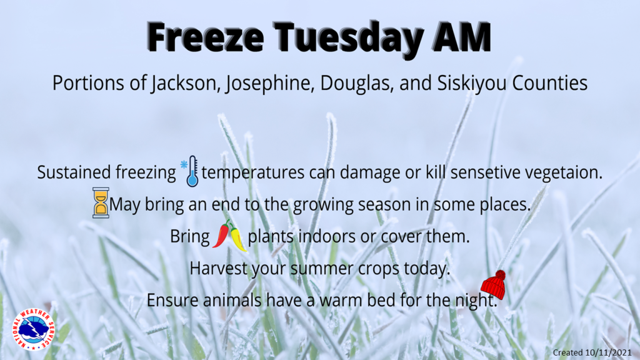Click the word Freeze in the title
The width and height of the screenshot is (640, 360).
coord(206,37)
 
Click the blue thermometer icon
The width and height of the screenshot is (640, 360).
coord(190,171)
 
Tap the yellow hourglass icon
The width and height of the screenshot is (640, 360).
coord(101,202)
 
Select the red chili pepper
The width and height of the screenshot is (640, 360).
coord(221,234)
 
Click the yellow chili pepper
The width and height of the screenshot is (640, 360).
coord(238,238)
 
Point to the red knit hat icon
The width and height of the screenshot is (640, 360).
coord(494,284)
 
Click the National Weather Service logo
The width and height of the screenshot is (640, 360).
coord(34,329)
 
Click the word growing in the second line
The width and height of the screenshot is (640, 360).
coord(323,205)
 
